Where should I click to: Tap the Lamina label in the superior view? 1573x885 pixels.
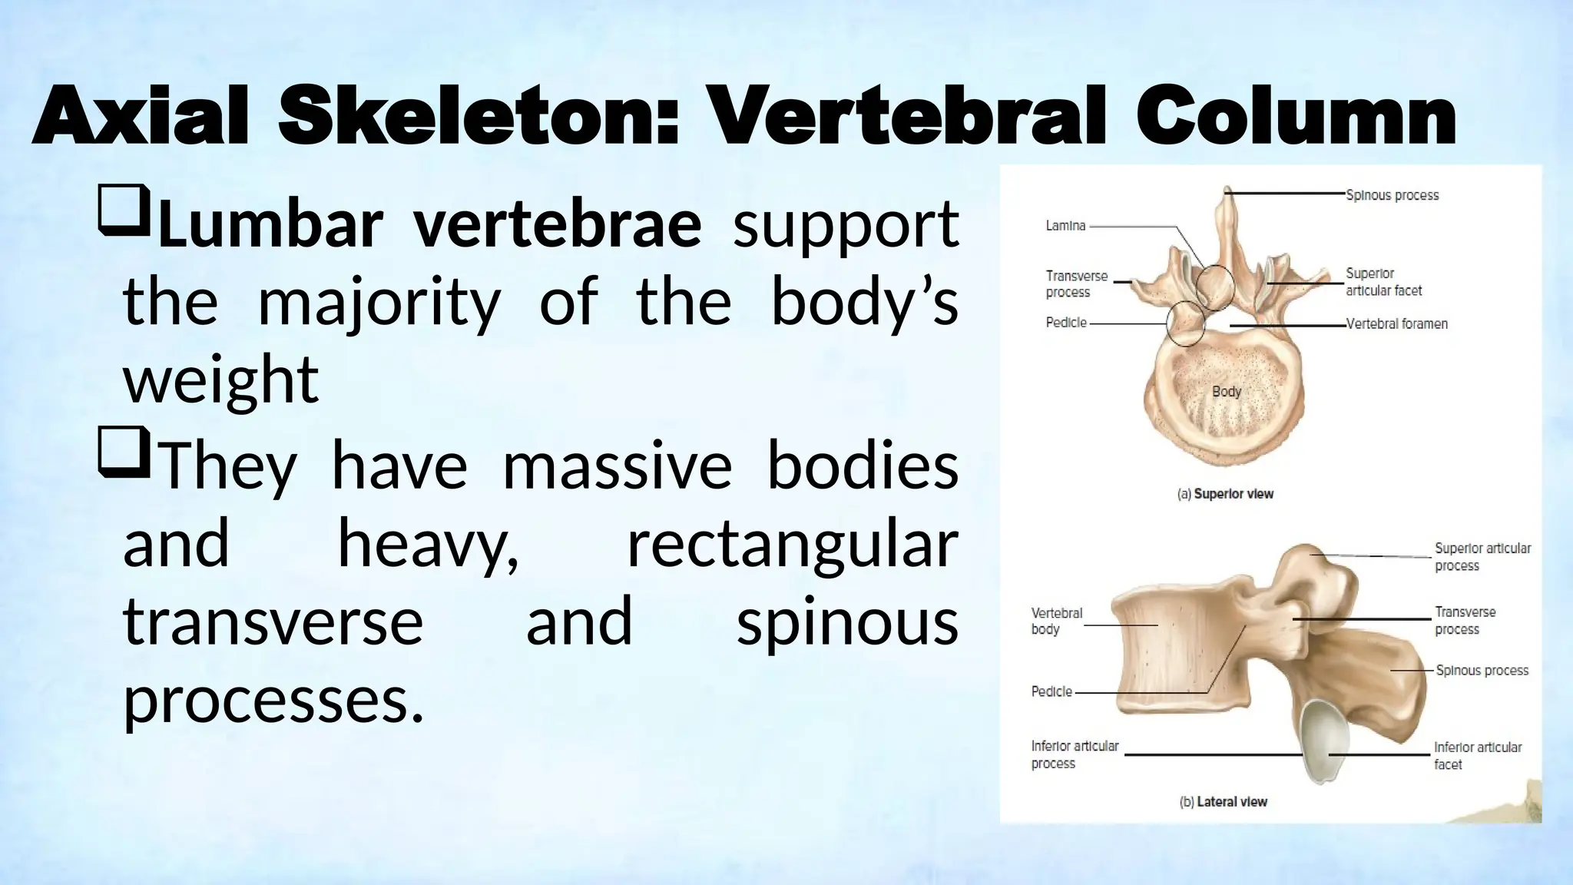coord(1065,226)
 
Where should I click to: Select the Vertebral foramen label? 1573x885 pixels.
coord(1396,324)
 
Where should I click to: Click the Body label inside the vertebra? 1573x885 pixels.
coord(1227,392)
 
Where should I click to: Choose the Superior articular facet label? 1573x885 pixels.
coord(1383,282)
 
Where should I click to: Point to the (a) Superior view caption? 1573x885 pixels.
coord(1225,494)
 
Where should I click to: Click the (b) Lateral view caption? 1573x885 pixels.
coord(1223,802)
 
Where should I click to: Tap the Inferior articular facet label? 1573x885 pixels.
coord(1477,756)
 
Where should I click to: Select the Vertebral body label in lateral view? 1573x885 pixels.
coord(1056,621)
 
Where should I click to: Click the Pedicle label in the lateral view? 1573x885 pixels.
coord(1051,691)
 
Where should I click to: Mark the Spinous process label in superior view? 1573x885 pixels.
coord(1392,196)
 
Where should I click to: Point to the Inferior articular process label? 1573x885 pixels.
coord(1074,754)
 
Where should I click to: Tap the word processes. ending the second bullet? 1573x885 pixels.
coord(273,700)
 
